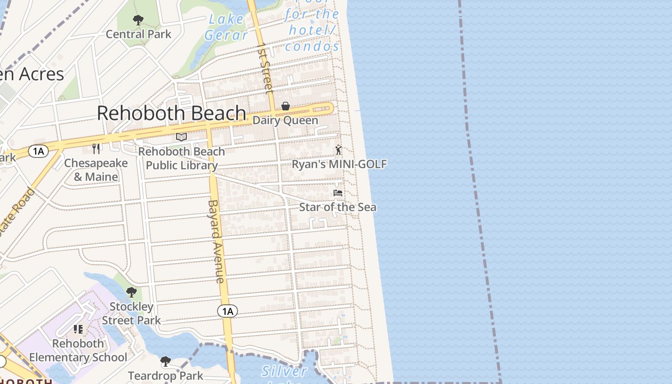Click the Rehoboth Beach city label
(171, 113)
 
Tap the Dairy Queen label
(285, 120)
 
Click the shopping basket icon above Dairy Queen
(286, 106)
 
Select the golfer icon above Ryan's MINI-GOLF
(339, 150)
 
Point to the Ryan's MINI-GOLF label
(339, 164)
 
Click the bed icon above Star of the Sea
(338, 193)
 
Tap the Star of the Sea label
(337, 207)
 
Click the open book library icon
(181, 137)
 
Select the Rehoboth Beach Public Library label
(181, 158)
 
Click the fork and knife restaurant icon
(96, 149)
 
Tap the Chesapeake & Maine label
(96, 170)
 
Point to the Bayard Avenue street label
(216, 241)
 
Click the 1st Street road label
(265, 68)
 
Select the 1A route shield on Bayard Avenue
(228, 311)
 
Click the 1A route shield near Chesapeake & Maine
(38, 152)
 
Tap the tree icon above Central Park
(138, 20)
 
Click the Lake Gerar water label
(226, 27)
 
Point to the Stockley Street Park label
(132, 313)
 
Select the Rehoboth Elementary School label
(78, 350)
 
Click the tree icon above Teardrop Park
(166, 361)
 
